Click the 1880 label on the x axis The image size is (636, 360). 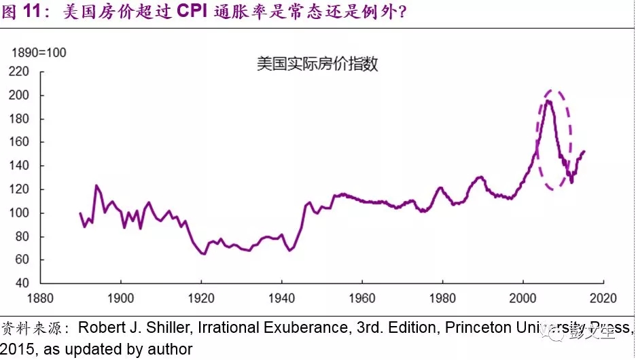(40, 297)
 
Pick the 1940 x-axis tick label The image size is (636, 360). (282, 297)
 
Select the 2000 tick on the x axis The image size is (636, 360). (523, 297)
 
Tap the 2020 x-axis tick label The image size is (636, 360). (603, 297)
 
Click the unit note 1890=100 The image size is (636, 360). (39, 53)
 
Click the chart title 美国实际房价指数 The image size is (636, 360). (317, 65)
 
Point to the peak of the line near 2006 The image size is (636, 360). (548, 101)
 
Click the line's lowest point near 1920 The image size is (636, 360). (203, 254)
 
